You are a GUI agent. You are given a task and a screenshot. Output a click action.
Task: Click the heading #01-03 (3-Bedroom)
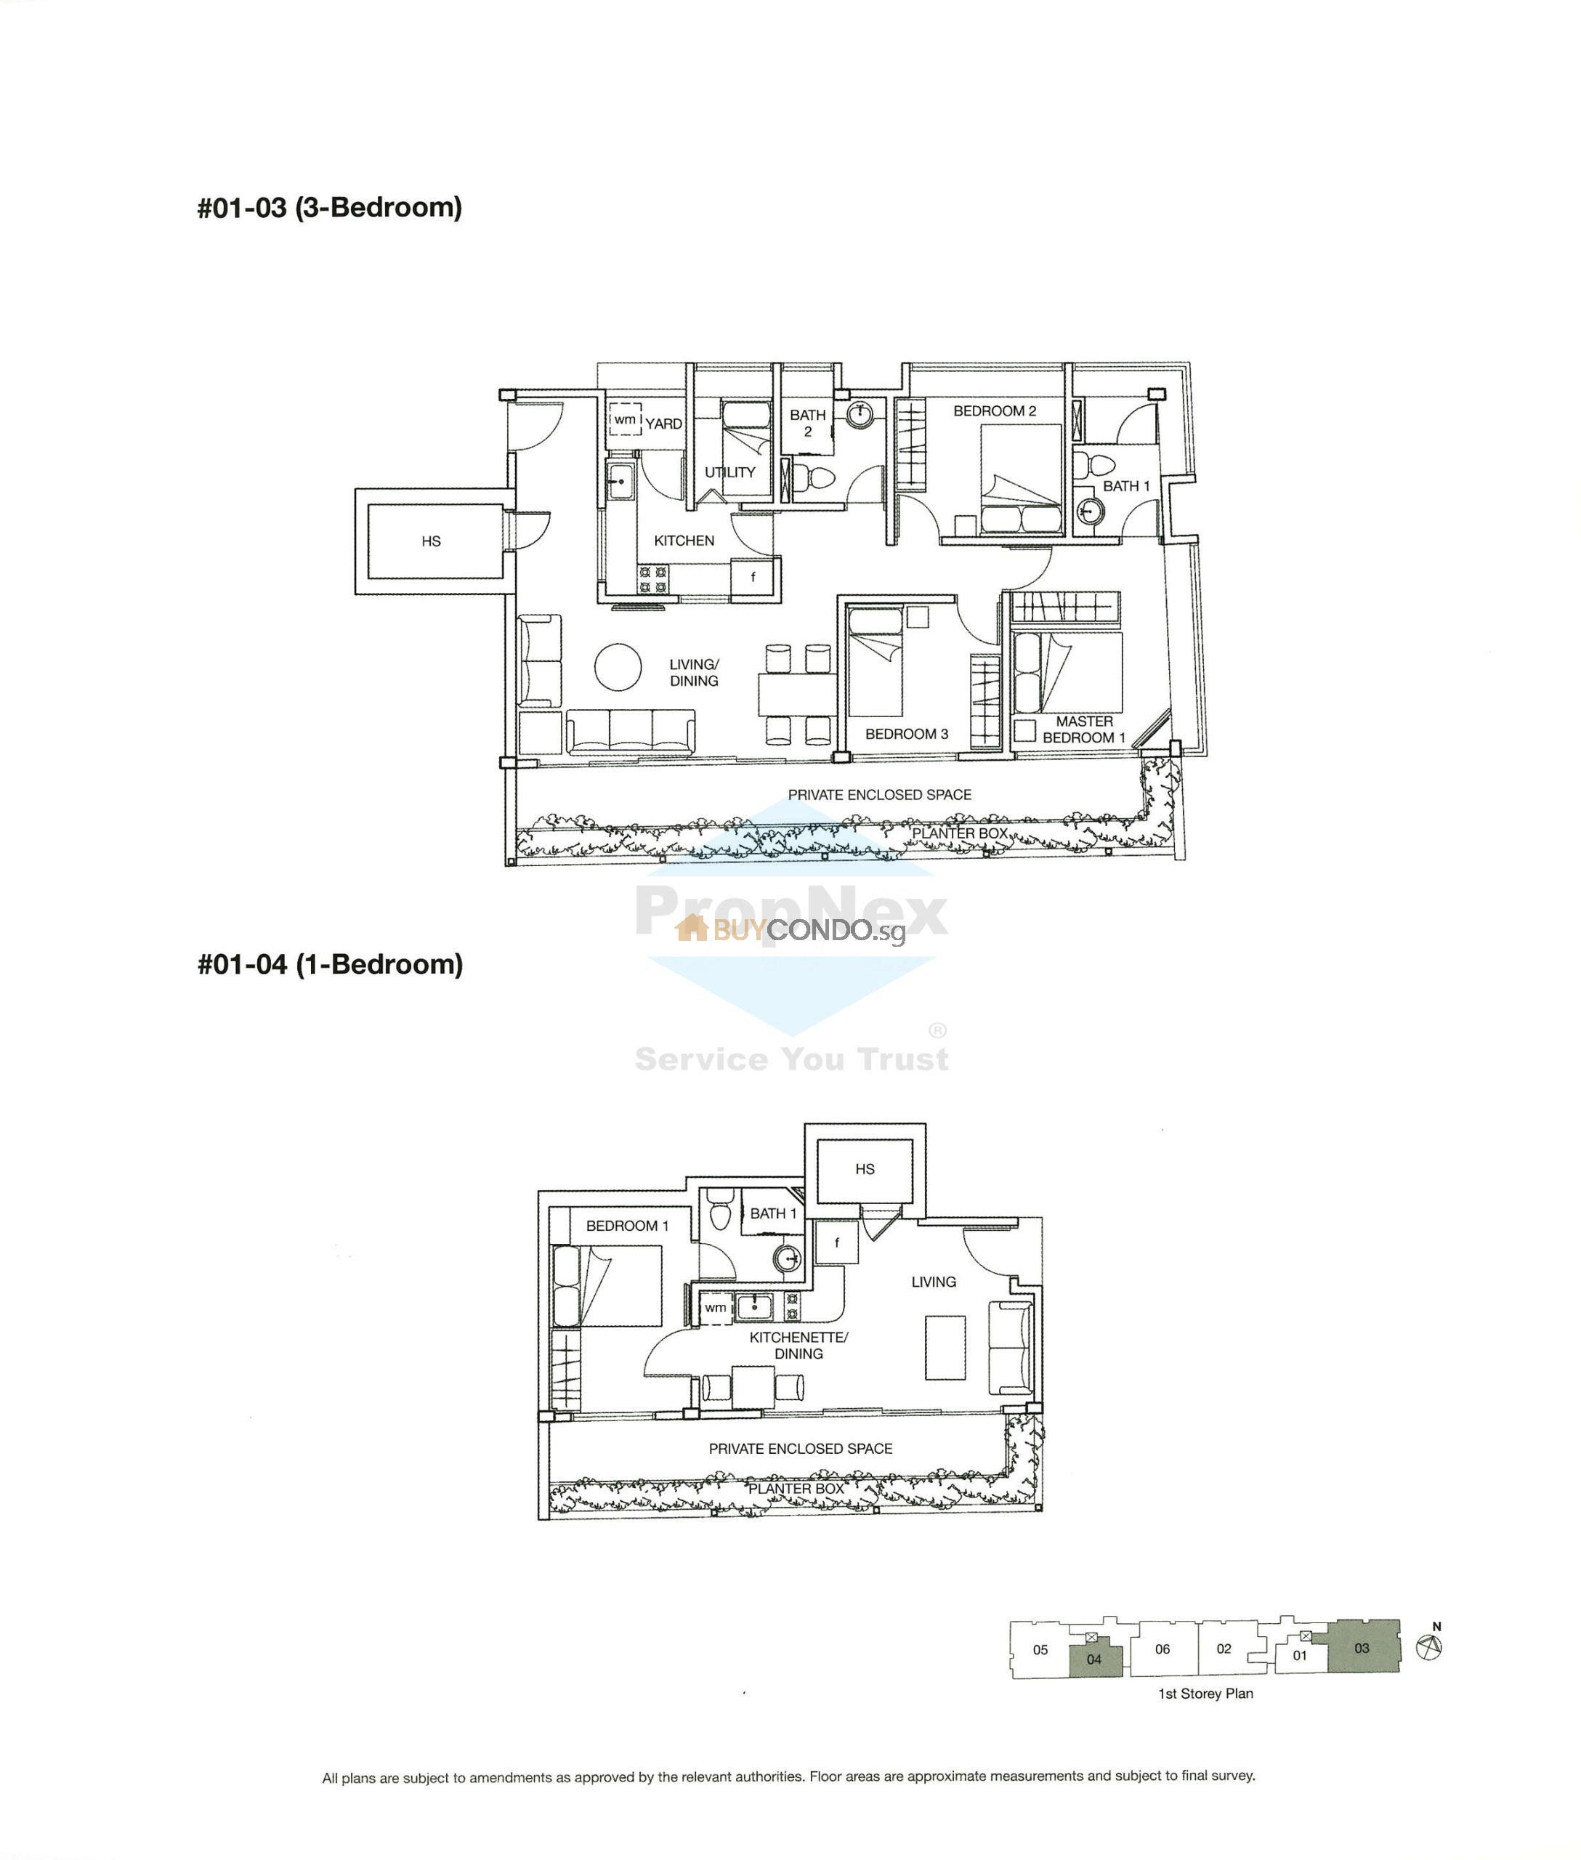pos(330,208)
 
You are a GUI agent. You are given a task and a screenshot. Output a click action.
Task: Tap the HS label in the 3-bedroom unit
pos(431,541)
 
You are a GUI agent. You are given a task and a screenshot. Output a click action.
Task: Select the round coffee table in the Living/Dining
pos(618,667)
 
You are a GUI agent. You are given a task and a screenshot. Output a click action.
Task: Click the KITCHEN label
pos(684,541)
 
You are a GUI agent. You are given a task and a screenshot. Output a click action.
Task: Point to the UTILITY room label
pos(729,472)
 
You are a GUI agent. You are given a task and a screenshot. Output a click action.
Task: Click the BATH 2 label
pos(807,423)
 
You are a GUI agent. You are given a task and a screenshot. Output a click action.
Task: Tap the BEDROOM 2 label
pos(994,411)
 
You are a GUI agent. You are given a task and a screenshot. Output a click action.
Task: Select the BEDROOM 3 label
pos(906,734)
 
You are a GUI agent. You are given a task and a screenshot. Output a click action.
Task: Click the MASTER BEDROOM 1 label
pos(1083,729)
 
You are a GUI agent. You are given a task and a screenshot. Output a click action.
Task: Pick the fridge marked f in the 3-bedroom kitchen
pos(753,578)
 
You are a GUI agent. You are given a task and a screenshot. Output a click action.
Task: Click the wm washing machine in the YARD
pos(625,419)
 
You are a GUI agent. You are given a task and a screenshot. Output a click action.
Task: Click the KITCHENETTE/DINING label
pos(798,1346)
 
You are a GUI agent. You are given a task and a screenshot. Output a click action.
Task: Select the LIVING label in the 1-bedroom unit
pos(933,1282)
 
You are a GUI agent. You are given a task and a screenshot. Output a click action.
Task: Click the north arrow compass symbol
pos(1430,1648)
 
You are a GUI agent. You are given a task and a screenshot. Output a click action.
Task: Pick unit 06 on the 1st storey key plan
pos(1162,1649)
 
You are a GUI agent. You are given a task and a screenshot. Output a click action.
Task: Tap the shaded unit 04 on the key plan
pos(1094,1659)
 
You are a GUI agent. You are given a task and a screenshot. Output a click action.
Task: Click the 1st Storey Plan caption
pos(1205,1694)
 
